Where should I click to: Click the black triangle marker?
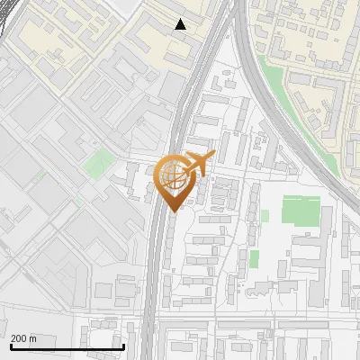point(181,24)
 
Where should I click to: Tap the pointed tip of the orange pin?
point(174,211)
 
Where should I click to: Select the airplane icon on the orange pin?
point(195,165)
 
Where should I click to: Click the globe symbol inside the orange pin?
point(172,176)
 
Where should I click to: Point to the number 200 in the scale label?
point(20,338)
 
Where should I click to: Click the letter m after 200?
point(33,338)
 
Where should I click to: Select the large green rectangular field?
point(301,211)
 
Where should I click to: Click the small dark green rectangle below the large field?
point(254,259)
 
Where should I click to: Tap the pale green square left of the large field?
point(264,217)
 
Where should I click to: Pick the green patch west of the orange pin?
point(100,163)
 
